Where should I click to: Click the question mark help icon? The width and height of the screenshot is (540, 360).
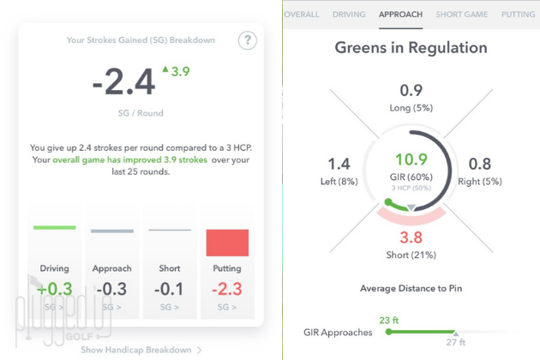point(247,40)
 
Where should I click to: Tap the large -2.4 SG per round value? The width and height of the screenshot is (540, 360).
point(124,82)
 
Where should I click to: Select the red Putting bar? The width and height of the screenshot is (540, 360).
point(227,243)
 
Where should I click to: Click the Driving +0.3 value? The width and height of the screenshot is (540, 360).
point(55,289)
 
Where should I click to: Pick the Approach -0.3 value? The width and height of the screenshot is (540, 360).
point(112,289)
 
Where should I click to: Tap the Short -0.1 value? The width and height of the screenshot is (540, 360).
point(170,289)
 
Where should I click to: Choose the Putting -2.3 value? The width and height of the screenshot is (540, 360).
point(227,289)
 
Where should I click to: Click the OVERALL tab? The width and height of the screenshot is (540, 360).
point(302,15)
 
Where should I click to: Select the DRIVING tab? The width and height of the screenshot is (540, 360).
point(348,15)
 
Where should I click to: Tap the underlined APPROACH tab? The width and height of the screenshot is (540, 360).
point(400,15)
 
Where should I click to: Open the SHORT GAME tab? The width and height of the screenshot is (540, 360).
point(462,15)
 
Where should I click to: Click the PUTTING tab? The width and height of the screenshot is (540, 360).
point(518,15)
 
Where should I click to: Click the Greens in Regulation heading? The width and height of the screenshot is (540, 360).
point(411,48)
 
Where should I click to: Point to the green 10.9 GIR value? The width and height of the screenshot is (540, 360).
point(411,159)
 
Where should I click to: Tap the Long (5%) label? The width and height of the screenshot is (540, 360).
point(411,107)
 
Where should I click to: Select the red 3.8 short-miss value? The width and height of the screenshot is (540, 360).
point(411,237)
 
